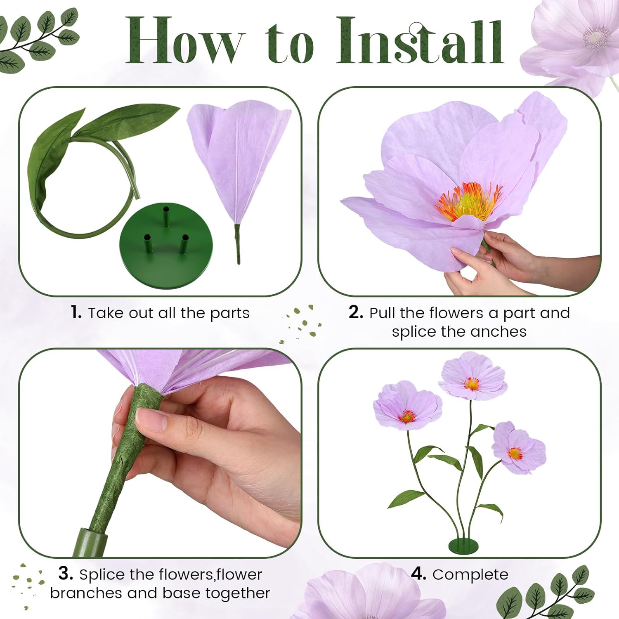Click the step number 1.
point(76,312)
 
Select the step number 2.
point(355,312)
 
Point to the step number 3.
point(65,574)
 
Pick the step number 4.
point(418,574)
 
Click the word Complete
point(470,574)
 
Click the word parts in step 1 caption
point(229,313)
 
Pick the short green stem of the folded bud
point(238,243)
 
